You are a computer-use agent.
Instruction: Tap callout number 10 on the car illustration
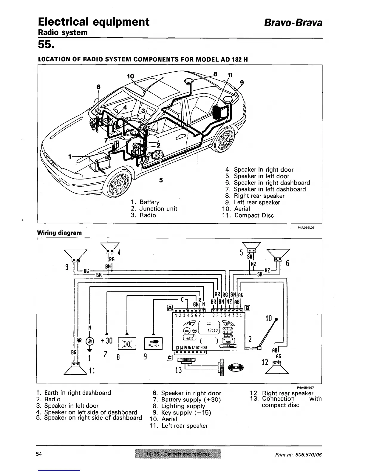coord(131,76)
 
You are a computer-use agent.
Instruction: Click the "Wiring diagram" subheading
coord(59,233)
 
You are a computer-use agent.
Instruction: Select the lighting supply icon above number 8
coord(127,343)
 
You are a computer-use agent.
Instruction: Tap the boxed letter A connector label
coord(170,308)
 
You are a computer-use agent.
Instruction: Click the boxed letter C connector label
coord(170,357)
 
